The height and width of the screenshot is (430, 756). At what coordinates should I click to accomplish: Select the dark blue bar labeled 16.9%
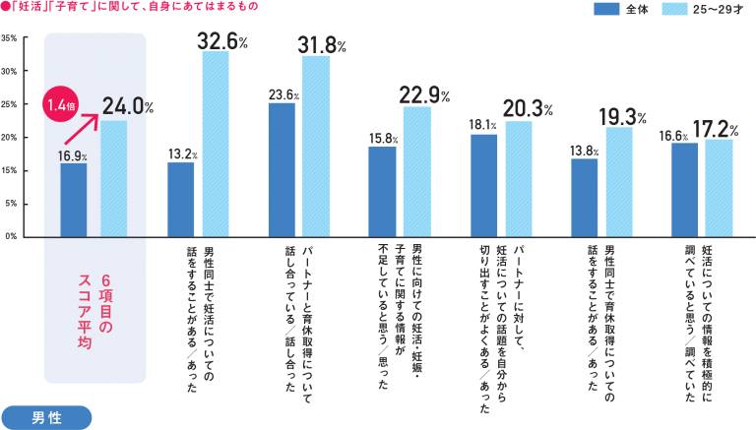coord(73,200)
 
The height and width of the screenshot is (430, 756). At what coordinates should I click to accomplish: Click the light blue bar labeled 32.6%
coord(215,144)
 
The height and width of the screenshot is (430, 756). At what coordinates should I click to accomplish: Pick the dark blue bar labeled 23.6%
coord(282,169)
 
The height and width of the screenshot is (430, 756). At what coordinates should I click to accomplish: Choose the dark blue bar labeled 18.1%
coord(483,185)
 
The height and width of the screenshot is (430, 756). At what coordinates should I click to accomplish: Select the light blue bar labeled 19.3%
coord(618,181)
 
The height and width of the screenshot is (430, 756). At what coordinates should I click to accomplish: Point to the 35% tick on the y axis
coord(9,38)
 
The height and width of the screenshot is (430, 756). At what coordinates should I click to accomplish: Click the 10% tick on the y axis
coord(9,170)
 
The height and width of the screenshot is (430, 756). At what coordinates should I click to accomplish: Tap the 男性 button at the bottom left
coord(46,416)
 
